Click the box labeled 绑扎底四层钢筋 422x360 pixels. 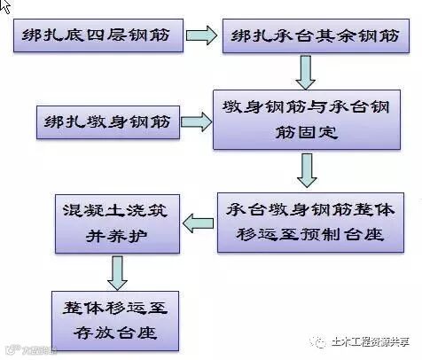(98, 37)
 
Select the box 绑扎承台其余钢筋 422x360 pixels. (313, 37)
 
